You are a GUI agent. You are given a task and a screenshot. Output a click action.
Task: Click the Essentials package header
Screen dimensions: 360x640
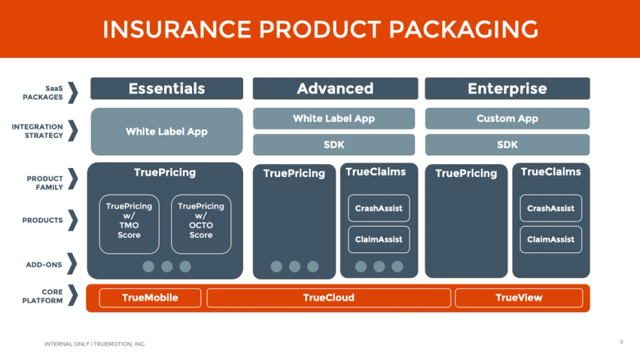coord(166,89)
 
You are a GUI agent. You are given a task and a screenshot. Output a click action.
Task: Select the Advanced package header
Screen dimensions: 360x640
coord(334,89)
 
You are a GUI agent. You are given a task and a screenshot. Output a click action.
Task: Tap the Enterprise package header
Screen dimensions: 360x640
coord(507,89)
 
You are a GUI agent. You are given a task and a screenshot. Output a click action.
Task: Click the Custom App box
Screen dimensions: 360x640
coord(507,118)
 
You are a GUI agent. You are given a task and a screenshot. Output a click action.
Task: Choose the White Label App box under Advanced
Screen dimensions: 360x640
coord(334,118)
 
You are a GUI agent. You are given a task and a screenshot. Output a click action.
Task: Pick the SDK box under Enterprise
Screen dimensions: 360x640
coord(507,145)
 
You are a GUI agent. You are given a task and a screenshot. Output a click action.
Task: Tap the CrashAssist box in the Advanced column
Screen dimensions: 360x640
coord(379,208)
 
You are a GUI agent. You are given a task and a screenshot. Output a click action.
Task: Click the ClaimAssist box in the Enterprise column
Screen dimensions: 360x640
coord(550,239)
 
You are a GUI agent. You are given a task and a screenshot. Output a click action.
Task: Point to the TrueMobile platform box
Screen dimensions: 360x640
coord(150,297)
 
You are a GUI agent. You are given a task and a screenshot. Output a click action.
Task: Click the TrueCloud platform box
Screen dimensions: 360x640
coord(328,297)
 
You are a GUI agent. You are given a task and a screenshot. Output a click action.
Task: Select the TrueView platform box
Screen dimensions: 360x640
coord(518,297)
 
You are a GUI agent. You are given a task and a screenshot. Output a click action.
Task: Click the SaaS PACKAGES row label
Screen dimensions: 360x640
coord(43,93)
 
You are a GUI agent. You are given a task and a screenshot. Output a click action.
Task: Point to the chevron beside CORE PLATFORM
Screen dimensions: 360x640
coord(73,296)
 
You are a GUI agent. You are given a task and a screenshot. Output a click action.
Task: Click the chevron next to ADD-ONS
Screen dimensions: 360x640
coord(73,264)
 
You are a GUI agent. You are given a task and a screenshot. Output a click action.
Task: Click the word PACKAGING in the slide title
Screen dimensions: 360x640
coord(465,29)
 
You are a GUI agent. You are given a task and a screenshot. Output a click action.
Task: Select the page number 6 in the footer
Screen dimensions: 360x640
coord(621,342)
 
